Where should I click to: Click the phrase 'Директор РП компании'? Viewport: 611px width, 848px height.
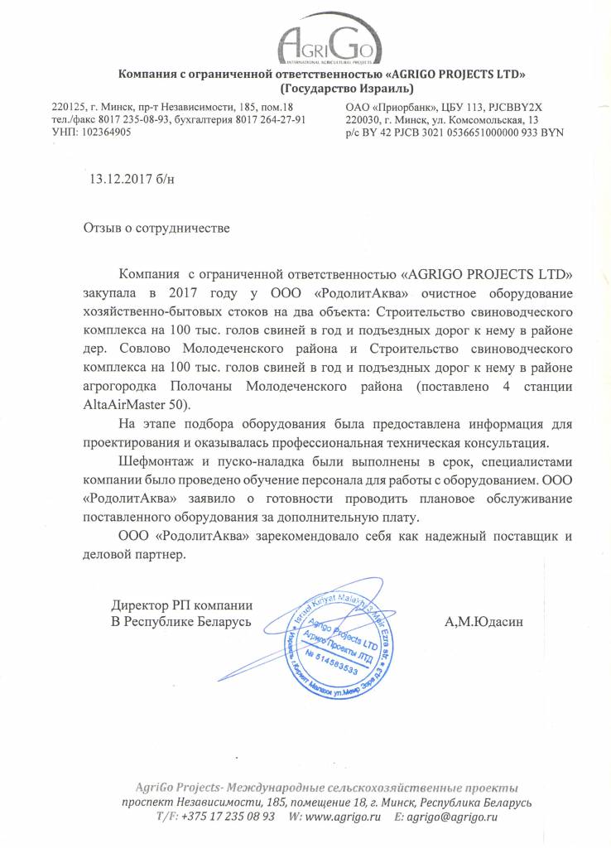(181, 605)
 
